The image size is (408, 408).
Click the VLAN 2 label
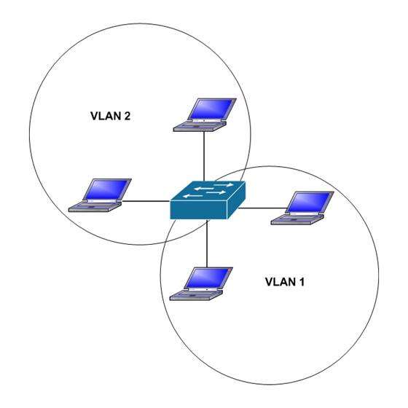(x=110, y=116)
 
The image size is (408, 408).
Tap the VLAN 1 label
(x=285, y=282)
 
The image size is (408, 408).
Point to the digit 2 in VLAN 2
(x=127, y=116)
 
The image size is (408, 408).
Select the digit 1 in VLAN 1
(x=302, y=282)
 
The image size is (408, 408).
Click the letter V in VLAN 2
(x=94, y=116)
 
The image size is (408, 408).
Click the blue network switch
(x=208, y=200)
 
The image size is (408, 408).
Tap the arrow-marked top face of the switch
(x=208, y=191)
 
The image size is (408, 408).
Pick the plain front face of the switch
(x=199, y=210)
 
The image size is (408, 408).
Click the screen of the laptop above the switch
(x=211, y=109)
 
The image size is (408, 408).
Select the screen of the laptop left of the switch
(x=106, y=189)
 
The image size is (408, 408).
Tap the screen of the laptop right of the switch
(x=309, y=203)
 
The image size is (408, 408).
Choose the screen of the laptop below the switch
(x=208, y=278)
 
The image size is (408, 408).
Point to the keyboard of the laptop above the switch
(x=200, y=127)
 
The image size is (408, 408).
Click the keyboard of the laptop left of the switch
(x=95, y=207)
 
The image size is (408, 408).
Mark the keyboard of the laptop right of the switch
(x=297, y=219)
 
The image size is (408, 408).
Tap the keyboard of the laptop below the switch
(x=196, y=295)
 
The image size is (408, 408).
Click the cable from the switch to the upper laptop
(x=204, y=156)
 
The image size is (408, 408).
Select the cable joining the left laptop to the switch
(x=146, y=201)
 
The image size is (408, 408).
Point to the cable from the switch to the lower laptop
(x=207, y=243)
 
